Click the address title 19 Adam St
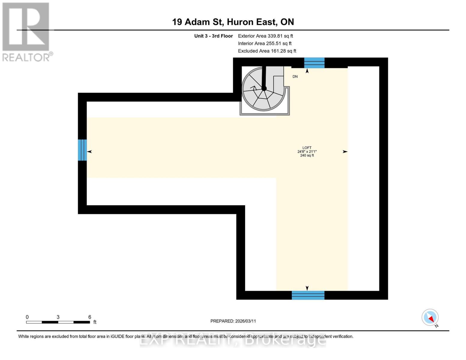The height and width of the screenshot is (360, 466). coord(233,22)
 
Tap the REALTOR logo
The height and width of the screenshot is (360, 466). coord(26,32)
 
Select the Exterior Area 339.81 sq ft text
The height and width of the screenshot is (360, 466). coord(265,36)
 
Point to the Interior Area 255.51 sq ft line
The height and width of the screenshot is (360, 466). coord(265,43)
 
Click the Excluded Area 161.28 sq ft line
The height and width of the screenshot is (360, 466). coord(267,51)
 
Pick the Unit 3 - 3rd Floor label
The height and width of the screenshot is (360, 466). coord(213,36)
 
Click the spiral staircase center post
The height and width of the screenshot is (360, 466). coord(264,88)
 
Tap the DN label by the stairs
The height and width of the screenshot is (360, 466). coord(295,76)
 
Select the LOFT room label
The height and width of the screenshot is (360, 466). coord(307,148)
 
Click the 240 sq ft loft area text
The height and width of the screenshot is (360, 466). coord(307,155)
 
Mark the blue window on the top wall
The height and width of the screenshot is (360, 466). coord(314,63)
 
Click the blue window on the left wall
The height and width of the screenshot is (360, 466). coord(82,150)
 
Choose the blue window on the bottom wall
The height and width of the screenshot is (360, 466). coord(308,295)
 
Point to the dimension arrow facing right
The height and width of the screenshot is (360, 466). coord(345,152)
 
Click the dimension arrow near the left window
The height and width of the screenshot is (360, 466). coord(89,151)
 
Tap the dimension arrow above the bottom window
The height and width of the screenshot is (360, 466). coord(307,288)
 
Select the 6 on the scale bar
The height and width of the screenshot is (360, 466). coord(90,317)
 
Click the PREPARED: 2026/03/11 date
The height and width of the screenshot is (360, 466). coord(233,321)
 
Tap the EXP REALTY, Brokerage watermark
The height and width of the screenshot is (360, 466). coord(233,340)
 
